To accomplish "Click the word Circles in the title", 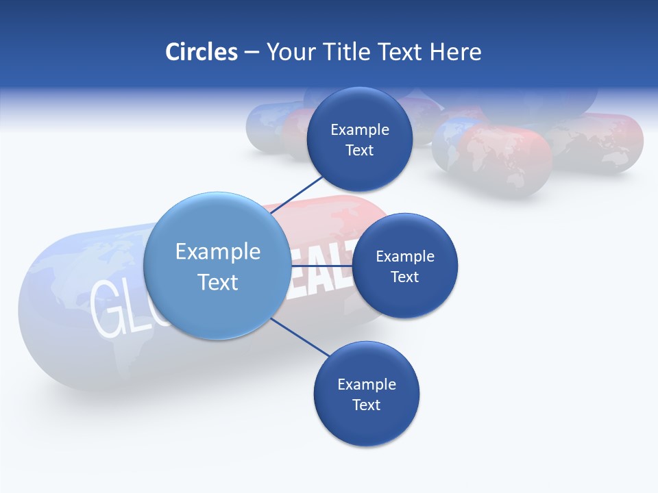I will point(201,52).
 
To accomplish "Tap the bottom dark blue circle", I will point(366,425).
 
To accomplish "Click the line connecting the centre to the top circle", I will point(297,194).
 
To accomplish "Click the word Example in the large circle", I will point(218,252).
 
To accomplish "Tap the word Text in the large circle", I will point(218,282).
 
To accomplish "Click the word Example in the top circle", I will point(360,129).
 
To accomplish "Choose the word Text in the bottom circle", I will point(366,405).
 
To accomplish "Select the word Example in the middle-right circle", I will point(405,256).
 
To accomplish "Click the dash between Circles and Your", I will point(252,52).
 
